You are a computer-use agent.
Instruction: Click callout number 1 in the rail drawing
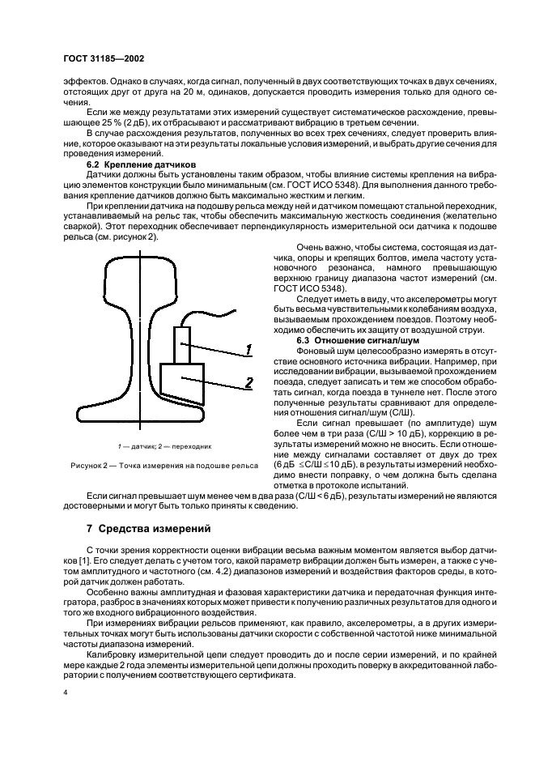[x=248, y=350]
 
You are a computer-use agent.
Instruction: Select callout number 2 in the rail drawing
[x=248, y=382]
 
